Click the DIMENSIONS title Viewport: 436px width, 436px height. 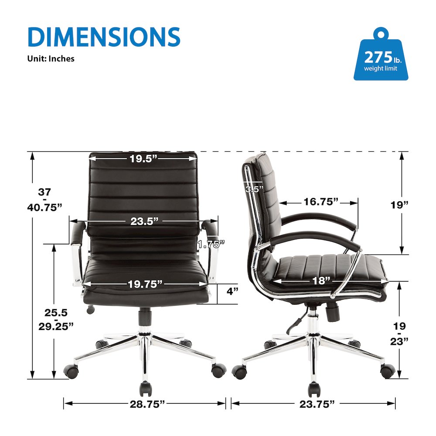pos(104,37)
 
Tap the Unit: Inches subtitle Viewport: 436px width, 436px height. pos(51,58)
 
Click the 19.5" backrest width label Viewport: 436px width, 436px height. pos(143,159)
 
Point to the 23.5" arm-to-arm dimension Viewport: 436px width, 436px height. pos(144,221)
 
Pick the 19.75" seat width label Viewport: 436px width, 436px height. pos(145,284)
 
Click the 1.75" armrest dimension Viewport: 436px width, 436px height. pos(211,245)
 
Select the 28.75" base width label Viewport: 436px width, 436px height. pos(147,404)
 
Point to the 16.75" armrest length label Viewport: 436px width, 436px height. pos(321,201)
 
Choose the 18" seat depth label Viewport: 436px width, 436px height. pos(321,280)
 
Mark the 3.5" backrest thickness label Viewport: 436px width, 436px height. pos(254,189)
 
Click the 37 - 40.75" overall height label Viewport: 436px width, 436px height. pos(44,199)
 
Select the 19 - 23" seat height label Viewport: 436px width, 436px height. pos(399,334)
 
